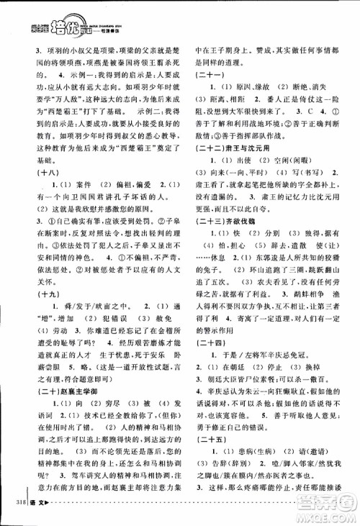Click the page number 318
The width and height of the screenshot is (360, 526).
point(14,512)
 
